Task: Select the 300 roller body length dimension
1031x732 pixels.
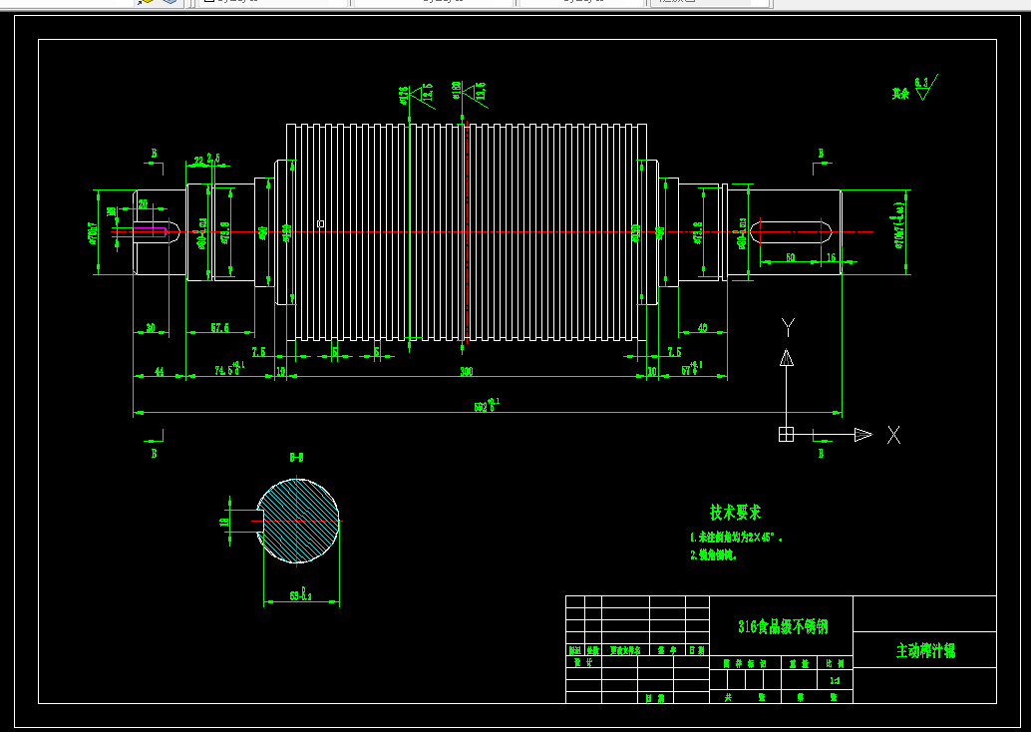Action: [x=466, y=371]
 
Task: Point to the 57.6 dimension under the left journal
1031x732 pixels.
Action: [x=220, y=327]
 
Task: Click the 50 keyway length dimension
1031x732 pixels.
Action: [x=791, y=257]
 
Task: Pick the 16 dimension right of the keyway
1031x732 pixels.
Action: [x=831, y=257]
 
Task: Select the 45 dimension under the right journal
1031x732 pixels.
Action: [x=703, y=327]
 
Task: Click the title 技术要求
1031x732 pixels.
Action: [x=735, y=512]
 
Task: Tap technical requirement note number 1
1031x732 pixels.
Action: [x=737, y=537]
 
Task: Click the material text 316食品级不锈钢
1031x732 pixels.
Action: [x=782, y=626]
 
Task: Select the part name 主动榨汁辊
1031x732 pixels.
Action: [x=924, y=650]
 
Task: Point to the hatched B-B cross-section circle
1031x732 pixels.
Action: [x=299, y=520]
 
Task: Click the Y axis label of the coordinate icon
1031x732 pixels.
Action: [x=788, y=326]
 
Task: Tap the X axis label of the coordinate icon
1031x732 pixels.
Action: [x=893, y=435]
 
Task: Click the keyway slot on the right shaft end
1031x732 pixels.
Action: [x=792, y=231]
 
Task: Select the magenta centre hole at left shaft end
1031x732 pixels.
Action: [x=151, y=231]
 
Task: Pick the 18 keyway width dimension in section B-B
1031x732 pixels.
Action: [x=225, y=520]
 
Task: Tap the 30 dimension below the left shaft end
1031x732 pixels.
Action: [x=151, y=327]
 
